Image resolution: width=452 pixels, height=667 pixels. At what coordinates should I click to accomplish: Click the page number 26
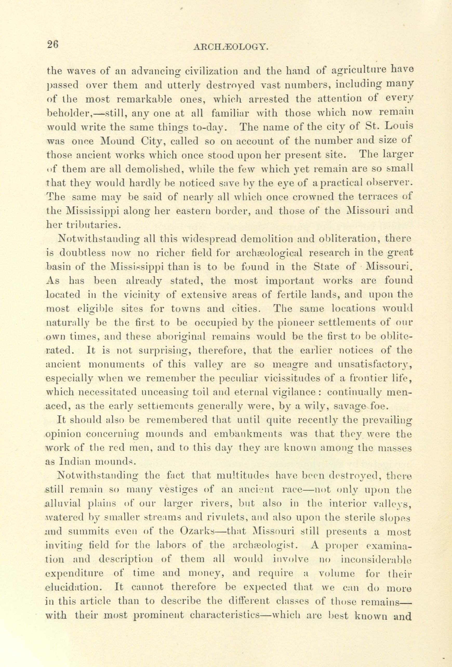[53, 45]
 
